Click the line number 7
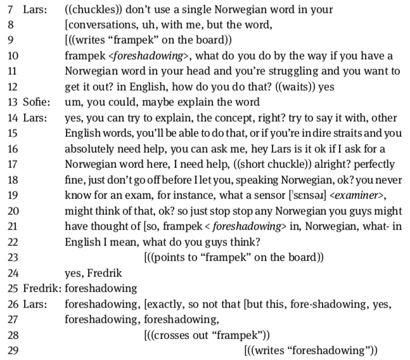click(8, 11)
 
